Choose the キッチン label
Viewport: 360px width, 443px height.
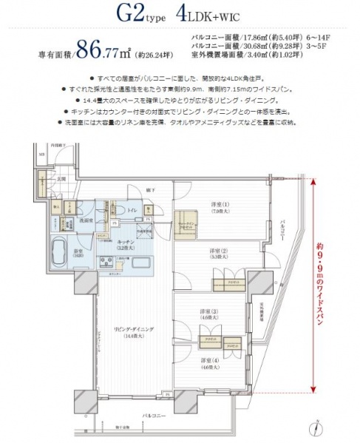pos(125,244)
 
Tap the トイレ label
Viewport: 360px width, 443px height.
pos(132,209)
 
